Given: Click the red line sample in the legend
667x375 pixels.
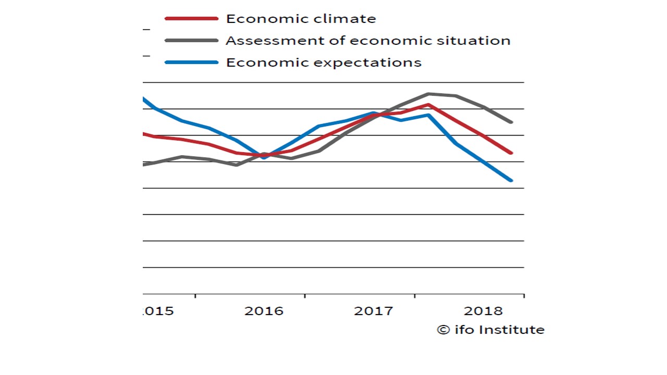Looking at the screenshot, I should click(x=191, y=19).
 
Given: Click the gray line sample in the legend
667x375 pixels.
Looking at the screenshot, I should click(x=191, y=41).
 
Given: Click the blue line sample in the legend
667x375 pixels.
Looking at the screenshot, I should click(x=191, y=63).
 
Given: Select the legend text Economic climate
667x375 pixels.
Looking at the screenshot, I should click(x=301, y=19).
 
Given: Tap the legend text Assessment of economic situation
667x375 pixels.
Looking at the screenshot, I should click(x=368, y=41).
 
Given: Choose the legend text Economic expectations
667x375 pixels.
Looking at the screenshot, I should click(x=323, y=63).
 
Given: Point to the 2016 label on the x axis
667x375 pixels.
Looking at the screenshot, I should click(x=264, y=311).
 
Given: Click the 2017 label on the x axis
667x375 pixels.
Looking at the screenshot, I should click(x=374, y=311).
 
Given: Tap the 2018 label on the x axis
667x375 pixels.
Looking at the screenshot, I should click(x=483, y=311).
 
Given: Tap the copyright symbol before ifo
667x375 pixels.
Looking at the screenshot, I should click(x=443, y=330).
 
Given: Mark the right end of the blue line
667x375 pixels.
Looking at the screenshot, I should click(x=512, y=181).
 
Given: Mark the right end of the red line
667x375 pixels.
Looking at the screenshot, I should click(x=512, y=153).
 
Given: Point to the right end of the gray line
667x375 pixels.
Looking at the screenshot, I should click(x=512, y=122).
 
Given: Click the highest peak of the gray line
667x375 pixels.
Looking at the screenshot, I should click(x=428, y=94).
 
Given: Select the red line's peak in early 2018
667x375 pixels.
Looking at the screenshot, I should click(x=428, y=105).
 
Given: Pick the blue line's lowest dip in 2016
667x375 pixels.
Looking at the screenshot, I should click(x=264, y=157).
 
